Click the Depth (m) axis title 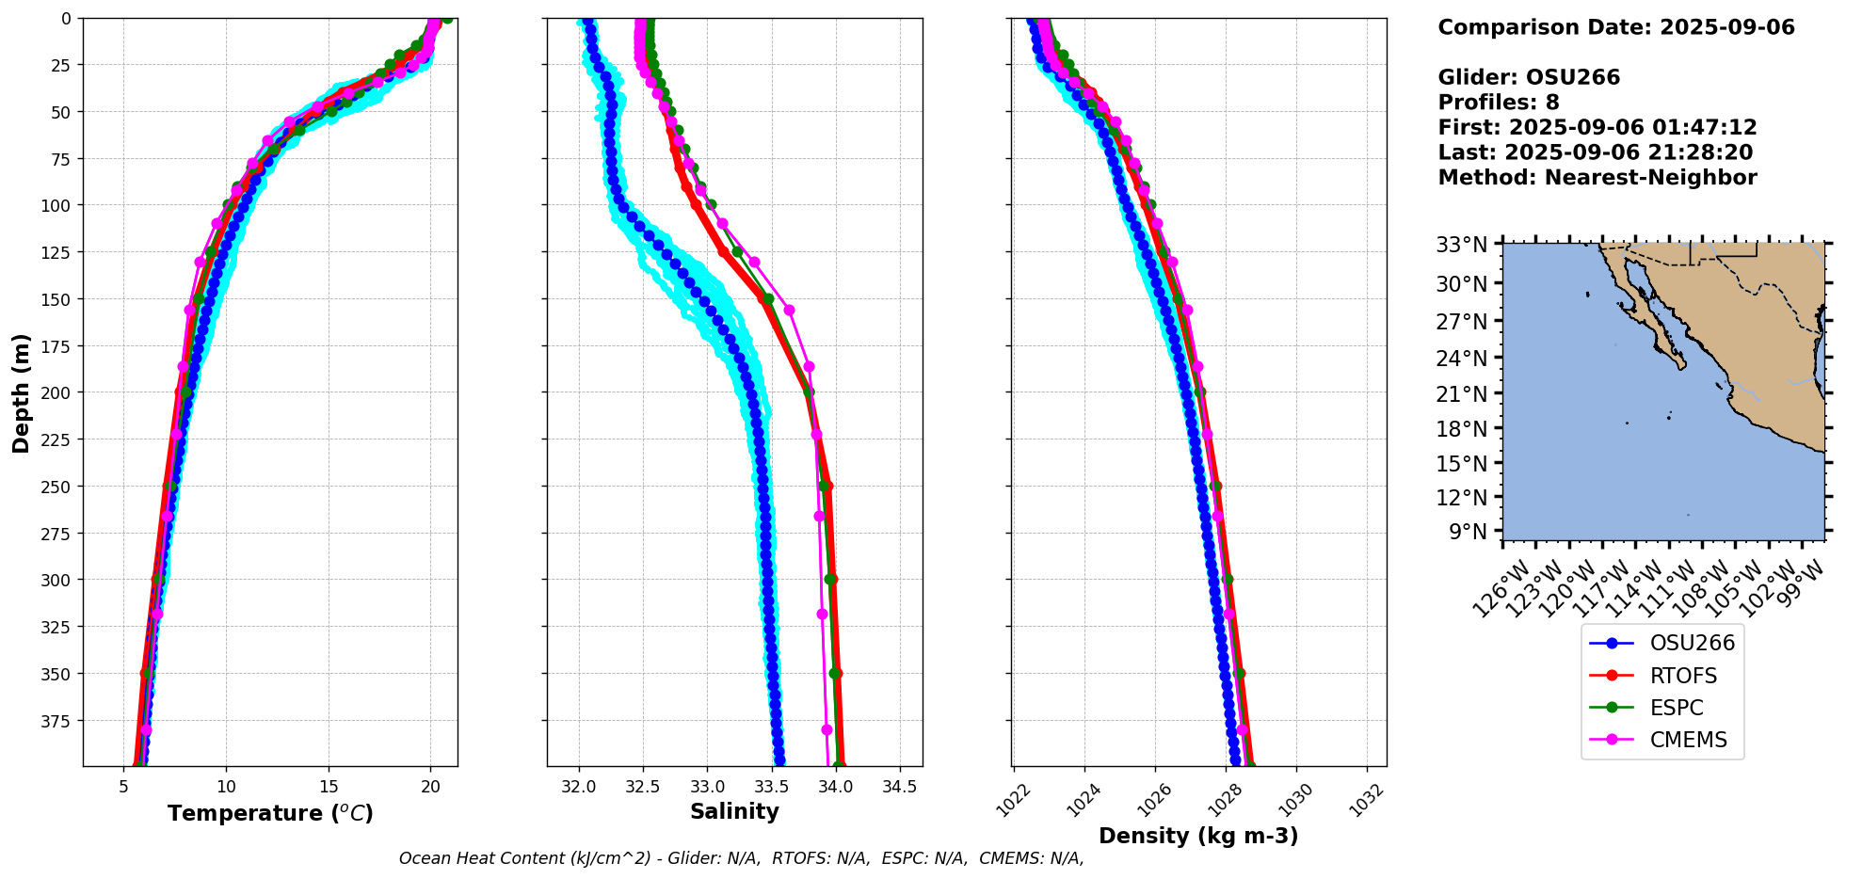coord(21,392)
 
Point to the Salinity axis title coord(734,812)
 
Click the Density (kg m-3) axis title coord(1198,836)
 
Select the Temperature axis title coord(270,813)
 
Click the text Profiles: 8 coord(1498,103)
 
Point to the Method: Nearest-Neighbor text coord(1597,178)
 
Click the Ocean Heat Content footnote coord(741,858)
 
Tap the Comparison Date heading coord(1615,27)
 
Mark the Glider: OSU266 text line coord(1529,77)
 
